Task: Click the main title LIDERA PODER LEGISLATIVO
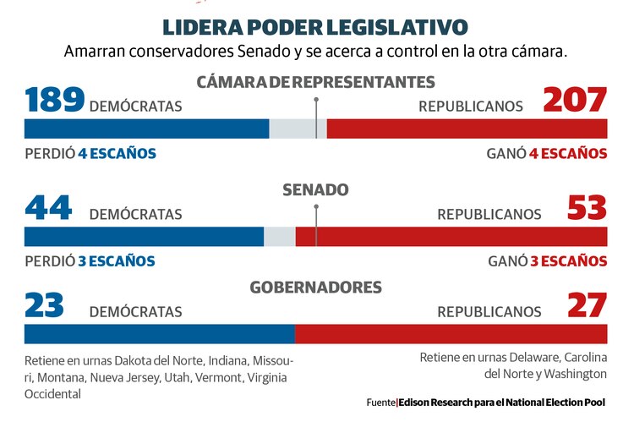pos(316,26)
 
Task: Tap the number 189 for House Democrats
pos(54,100)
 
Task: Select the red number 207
pos(575,100)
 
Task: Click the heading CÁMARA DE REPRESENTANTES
pos(316,82)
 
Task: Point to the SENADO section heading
pos(316,189)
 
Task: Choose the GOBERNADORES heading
pos(316,288)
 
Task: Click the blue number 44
pos(48,208)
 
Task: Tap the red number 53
pos(587,208)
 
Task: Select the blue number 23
pos(45,305)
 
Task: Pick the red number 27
pos(587,305)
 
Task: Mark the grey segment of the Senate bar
pos(279,237)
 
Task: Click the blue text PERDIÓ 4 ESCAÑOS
pos(90,154)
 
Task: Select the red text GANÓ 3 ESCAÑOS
pos(547,261)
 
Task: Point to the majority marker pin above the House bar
pos(316,101)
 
